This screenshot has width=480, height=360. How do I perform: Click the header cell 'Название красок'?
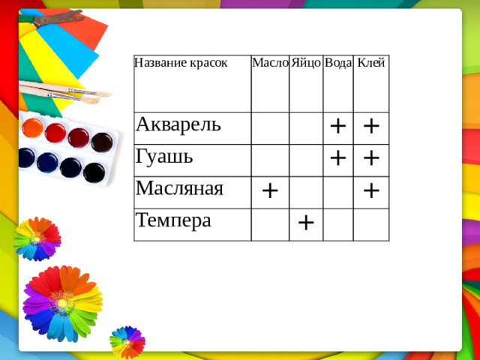pyautogui.click(x=181, y=62)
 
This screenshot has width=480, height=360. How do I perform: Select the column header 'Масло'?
pyautogui.click(x=270, y=63)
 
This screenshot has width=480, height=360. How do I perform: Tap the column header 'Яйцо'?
pyautogui.click(x=306, y=63)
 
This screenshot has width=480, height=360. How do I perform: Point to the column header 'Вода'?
pyautogui.click(x=338, y=64)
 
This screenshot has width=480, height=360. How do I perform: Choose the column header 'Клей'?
pyautogui.click(x=371, y=63)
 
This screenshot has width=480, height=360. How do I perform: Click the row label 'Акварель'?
pyautogui.click(x=178, y=123)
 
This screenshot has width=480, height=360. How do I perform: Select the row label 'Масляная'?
pyautogui.click(x=180, y=188)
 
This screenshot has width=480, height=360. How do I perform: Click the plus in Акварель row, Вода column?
pyautogui.click(x=338, y=125)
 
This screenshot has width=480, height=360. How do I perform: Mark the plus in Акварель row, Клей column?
pyautogui.click(x=370, y=125)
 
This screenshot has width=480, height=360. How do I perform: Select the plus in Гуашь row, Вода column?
pyautogui.click(x=338, y=157)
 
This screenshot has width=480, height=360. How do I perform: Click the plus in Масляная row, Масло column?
pyautogui.click(x=270, y=190)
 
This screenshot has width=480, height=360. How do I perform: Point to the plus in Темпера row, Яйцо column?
pyautogui.click(x=306, y=221)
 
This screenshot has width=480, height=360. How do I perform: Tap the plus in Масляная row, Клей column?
pyautogui.click(x=370, y=191)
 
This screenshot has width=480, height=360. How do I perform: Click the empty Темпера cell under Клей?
pyautogui.click(x=371, y=223)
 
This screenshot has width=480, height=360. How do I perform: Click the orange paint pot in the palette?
pyautogui.click(x=32, y=127)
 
